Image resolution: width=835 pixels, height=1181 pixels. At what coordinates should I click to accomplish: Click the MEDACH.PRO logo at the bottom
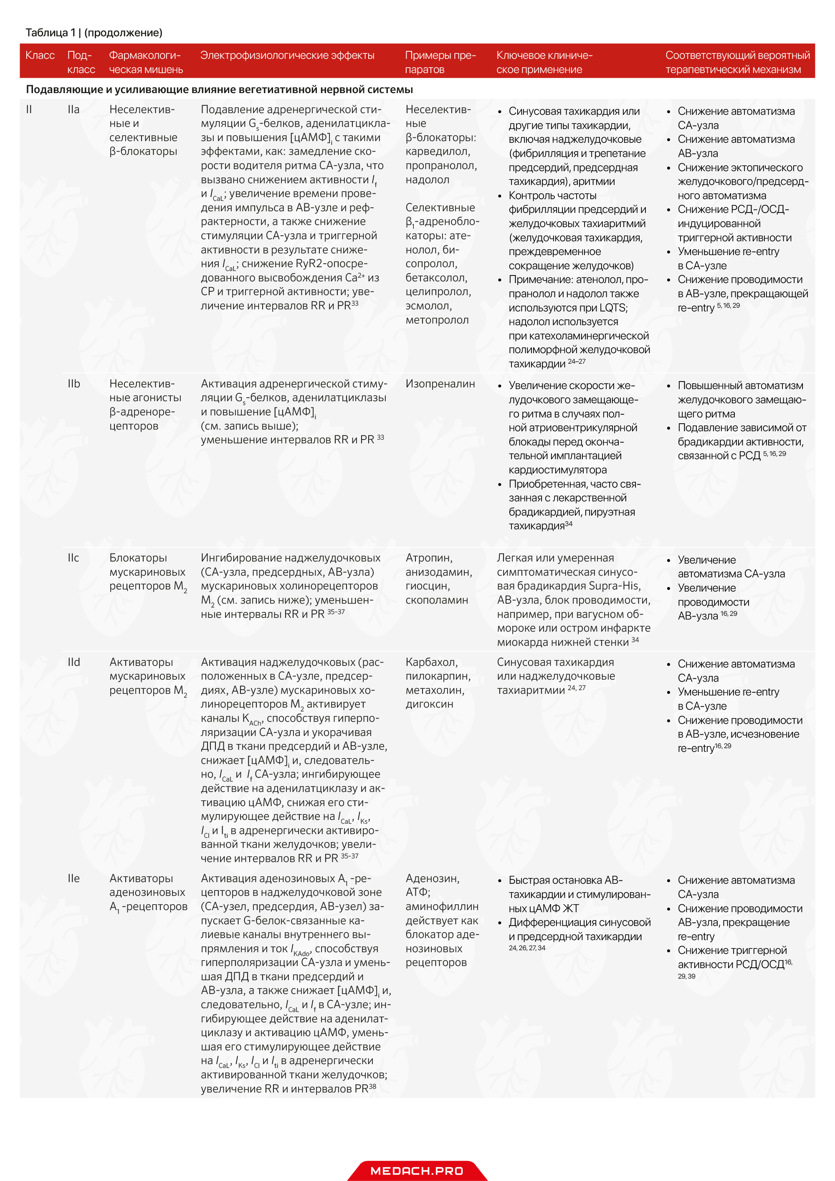click(417, 1171)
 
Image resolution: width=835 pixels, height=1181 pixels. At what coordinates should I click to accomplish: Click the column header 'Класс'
click(40, 55)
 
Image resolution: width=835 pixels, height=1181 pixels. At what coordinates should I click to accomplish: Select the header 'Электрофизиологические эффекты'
click(287, 55)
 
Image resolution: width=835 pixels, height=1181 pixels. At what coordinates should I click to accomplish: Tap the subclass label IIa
click(73, 109)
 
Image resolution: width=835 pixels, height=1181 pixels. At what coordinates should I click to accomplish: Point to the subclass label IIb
click(73, 384)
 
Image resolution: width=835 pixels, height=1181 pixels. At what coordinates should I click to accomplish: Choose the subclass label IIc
click(73, 558)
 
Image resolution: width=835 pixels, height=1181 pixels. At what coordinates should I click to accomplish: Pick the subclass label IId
click(73, 662)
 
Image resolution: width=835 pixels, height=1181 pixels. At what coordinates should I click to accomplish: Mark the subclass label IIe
click(73, 878)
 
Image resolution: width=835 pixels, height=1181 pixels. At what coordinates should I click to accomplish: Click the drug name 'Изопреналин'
click(440, 384)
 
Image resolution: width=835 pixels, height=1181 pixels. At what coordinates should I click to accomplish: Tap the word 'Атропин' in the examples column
click(428, 558)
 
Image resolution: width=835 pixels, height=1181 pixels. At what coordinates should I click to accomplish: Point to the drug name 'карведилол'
click(437, 151)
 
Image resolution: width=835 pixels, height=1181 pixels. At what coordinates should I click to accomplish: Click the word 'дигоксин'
click(429, 704)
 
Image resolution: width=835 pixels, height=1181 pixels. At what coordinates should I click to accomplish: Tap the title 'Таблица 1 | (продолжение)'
click(94, 33)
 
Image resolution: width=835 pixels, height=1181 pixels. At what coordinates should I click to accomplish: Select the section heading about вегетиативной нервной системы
click(219, 89)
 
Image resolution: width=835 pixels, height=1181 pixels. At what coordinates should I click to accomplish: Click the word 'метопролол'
click(437, 320)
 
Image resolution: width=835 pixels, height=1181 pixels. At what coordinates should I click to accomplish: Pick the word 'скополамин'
click(436, 600)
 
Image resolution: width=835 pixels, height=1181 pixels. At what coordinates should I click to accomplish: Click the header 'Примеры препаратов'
click(440, 62)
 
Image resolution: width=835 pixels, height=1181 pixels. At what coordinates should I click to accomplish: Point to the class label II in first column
click(29, 109)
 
